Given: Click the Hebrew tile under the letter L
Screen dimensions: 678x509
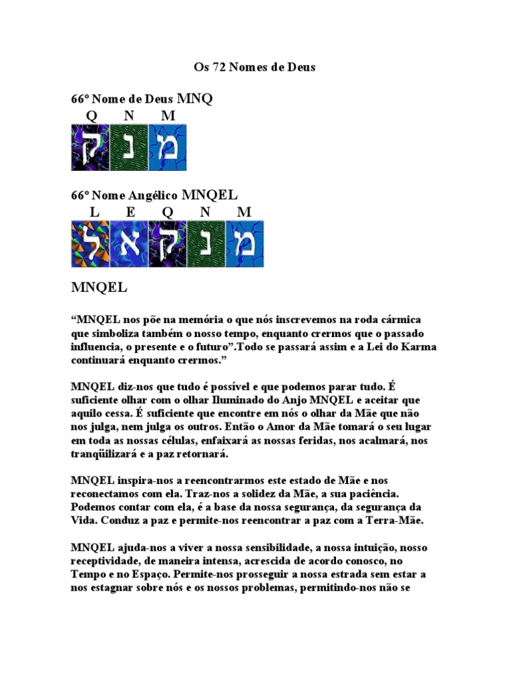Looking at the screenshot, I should click(x=91, y=244).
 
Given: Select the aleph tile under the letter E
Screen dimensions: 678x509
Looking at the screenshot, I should click(x=129, y=244).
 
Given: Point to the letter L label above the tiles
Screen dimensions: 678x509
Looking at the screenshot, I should click(x=94, y=213).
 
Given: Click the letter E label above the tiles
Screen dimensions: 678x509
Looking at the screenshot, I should click(x=131, y=213).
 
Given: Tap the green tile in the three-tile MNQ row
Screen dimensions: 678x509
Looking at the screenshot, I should click(x=129, y=147).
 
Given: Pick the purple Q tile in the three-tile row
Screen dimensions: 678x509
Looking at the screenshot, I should click(x=91, y=147).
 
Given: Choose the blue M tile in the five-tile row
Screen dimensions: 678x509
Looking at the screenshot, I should click(x=245, y=244).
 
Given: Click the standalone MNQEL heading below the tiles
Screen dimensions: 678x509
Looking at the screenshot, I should click(x=99, y=289).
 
